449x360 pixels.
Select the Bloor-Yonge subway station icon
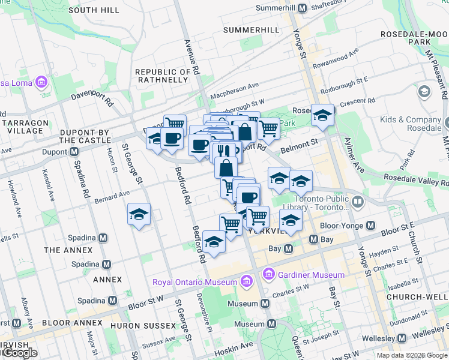tap(371, 226)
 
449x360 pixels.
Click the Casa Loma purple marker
tap(41, 81)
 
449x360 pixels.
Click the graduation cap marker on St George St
tap(139, 215)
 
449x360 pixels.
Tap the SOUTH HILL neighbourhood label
tap(94, 10)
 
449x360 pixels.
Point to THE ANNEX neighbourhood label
tap(68, 250)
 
